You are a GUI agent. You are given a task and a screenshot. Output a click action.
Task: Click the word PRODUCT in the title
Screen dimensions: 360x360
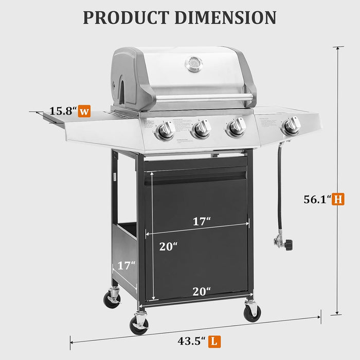click(127, 17)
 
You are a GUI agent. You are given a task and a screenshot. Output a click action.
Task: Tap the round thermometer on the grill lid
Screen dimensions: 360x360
click(194, 64)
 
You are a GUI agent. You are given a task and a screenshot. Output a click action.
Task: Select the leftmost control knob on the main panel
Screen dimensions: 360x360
click(166, 131)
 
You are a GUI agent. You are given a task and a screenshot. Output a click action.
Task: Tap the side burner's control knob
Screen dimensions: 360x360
click(292, 125)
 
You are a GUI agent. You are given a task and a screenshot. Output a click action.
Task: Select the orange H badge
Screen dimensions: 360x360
click(338, 199)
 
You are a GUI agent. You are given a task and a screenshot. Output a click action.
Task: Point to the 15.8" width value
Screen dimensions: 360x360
click(63, 111)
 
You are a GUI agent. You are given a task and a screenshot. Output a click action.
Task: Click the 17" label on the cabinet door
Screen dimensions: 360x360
click(202, 222)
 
